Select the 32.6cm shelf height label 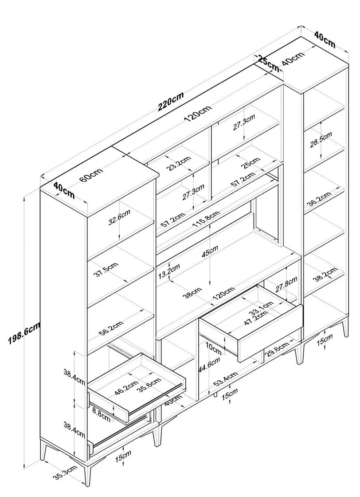click(x=119, y=218)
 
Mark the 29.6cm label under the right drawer click(x=277, y=349)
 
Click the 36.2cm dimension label click(x=319, y=199)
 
